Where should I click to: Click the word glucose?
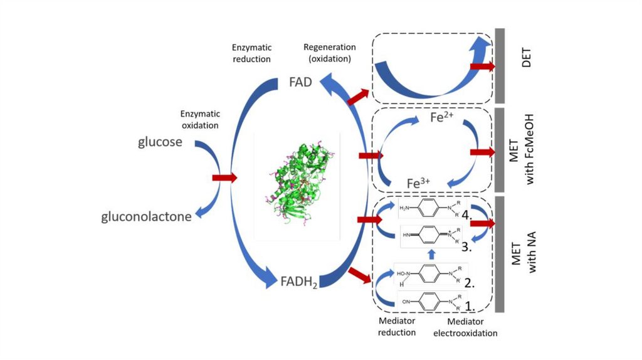[160, 142]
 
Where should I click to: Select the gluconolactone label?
[147, 218]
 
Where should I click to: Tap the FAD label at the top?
[300, 82]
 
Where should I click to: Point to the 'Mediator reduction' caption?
[396, 326]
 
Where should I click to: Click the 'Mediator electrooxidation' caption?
[465, 327]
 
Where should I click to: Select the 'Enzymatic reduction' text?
[251, 53]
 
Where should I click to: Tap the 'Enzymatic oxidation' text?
[199, 119]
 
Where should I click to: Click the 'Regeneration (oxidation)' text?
[329, 53]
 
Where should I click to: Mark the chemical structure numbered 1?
[433, 302]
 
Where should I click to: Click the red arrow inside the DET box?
[482, 66]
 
